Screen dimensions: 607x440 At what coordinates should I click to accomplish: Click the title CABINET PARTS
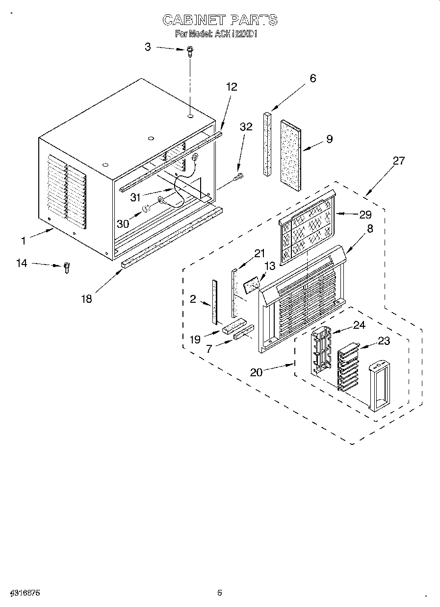point(220,20)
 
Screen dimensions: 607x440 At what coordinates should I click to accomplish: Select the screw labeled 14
point(67,267)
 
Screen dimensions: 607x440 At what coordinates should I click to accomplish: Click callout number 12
point(232,87)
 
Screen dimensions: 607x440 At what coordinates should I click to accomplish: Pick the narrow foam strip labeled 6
point(267,144)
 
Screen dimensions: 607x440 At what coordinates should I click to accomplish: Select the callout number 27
point(398,161)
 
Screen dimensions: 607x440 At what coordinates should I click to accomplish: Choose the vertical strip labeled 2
point(214,302)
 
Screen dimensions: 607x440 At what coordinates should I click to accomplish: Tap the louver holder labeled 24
point(321,352)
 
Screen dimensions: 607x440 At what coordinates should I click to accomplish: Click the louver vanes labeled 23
point(348,367)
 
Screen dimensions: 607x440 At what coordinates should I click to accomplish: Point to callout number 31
point(135,197)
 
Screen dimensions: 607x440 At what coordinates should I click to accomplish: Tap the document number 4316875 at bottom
point(24,593)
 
